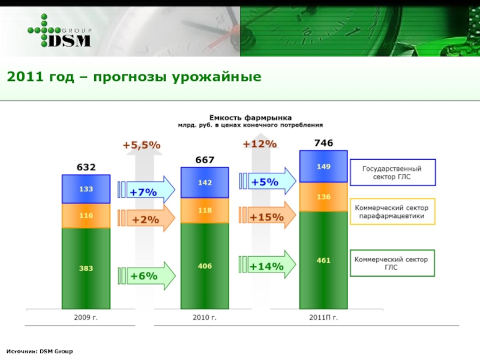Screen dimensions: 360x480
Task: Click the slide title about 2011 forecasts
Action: pos(134,77)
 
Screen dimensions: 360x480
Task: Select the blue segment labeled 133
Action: pos(86,189)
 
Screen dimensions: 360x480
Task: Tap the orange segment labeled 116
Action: pos(86,215)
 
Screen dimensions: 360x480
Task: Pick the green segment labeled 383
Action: pos(86,268)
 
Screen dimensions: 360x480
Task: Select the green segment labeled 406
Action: pos(205,265)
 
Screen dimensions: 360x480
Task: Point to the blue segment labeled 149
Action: pos(323,166)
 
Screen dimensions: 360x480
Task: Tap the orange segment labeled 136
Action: pos(323,197)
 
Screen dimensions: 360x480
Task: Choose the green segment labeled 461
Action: pos(323,260)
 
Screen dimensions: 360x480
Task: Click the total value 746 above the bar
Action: pos(324,143)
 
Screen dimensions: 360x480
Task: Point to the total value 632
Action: pos(86,167)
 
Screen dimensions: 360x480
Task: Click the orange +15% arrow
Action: pos(268,217)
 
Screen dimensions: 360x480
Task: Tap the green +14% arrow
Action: pos(268,266)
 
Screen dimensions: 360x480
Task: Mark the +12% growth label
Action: pos(259,144)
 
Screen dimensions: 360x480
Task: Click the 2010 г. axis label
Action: pos(205,316)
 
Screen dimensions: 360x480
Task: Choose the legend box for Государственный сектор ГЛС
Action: pos(392,172)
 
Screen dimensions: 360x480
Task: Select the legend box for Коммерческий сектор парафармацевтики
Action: pos(392,211)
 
